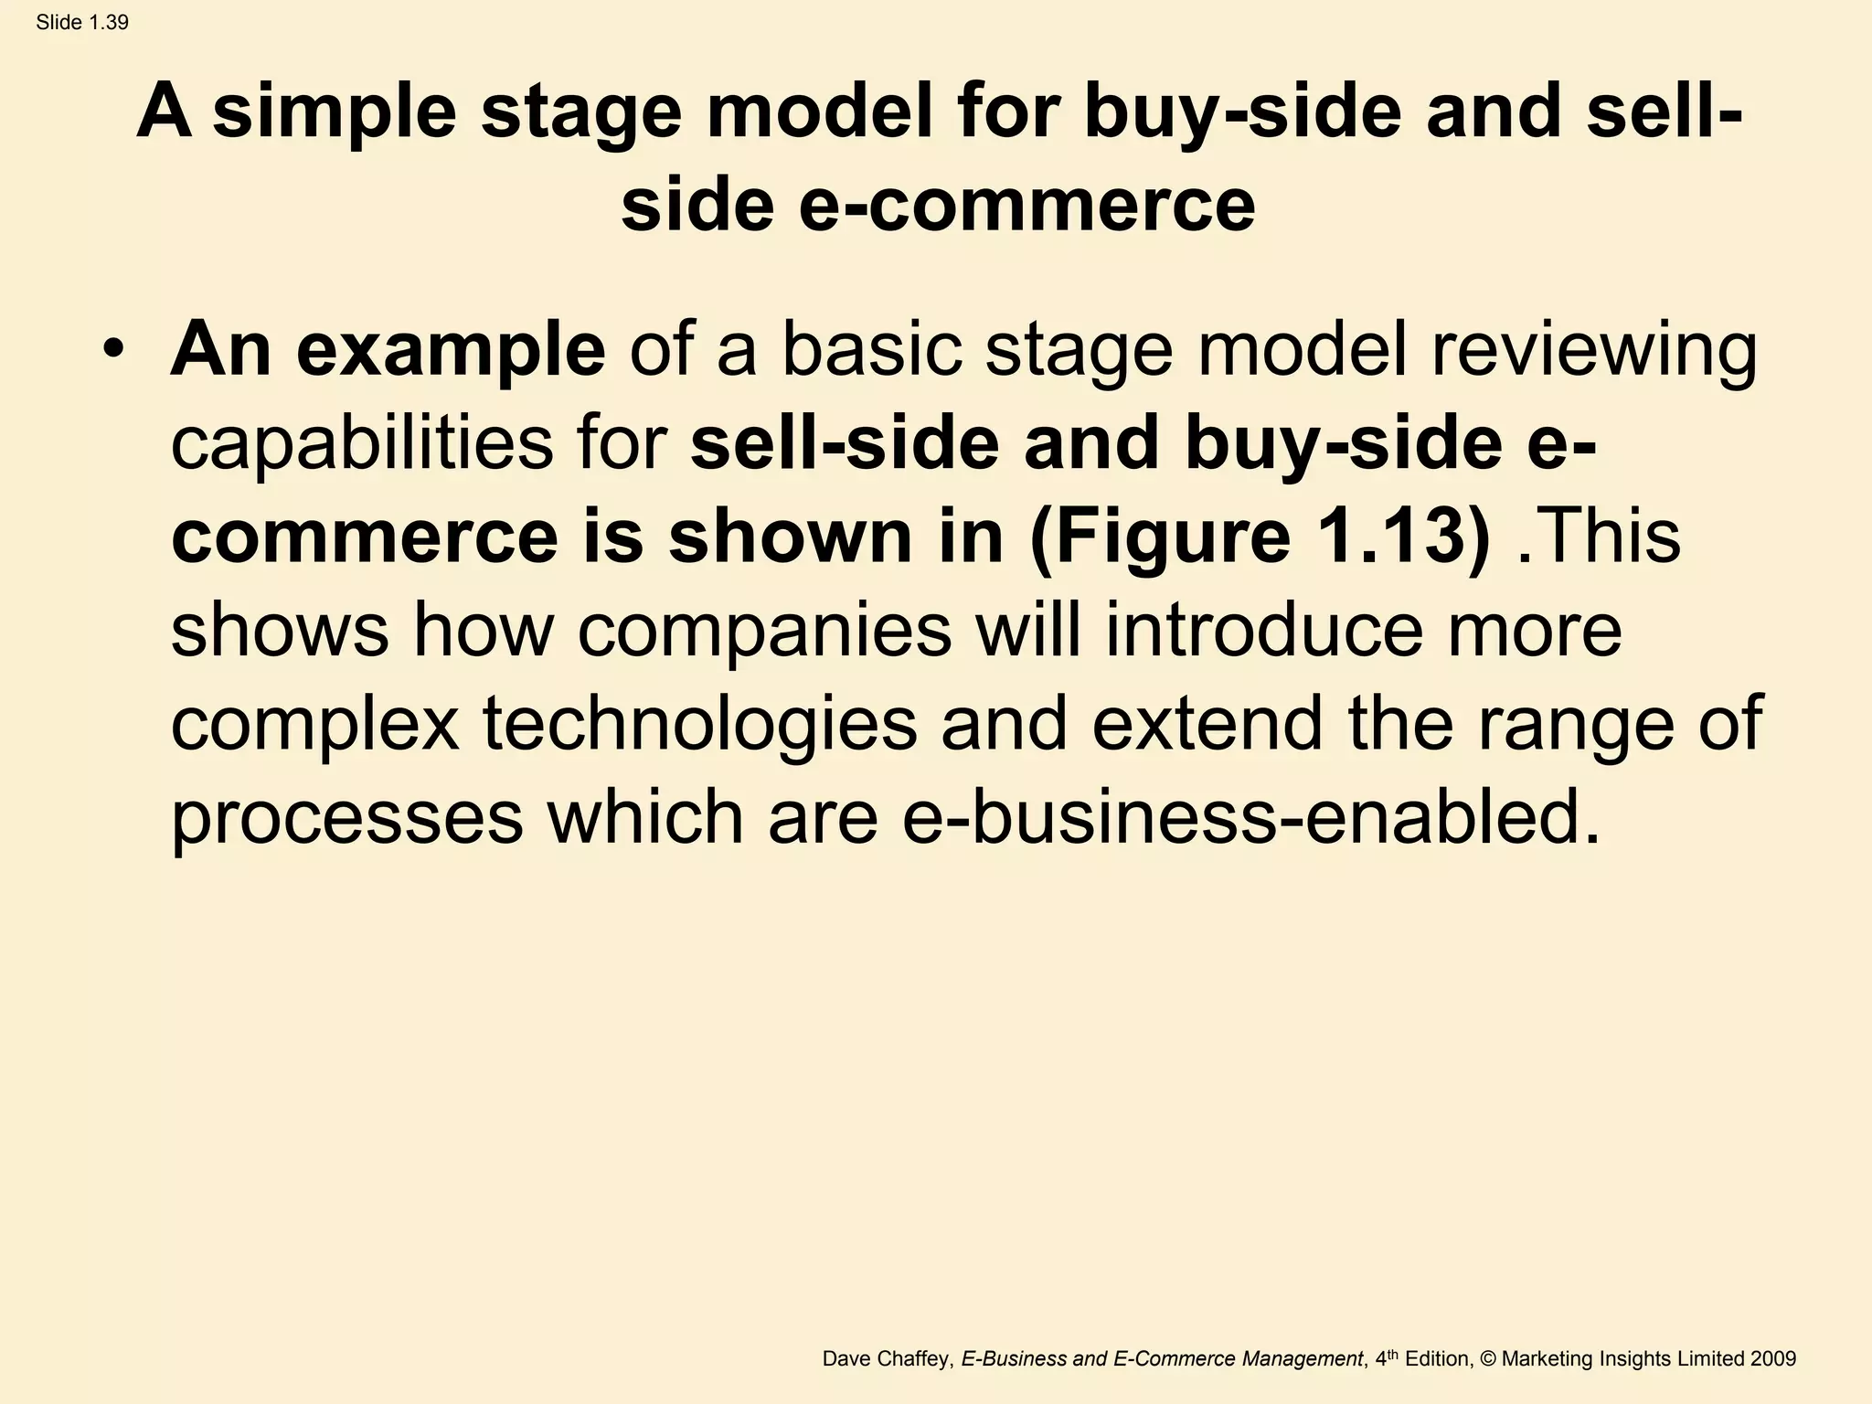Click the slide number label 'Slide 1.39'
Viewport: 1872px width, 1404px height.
click(82, 23)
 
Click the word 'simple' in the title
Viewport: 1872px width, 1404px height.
click(334, 112)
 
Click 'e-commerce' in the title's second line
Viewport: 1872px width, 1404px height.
click(1027, 205)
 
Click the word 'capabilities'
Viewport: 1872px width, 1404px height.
click(360, 445)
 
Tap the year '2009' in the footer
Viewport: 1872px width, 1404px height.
click(1773, 1358)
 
